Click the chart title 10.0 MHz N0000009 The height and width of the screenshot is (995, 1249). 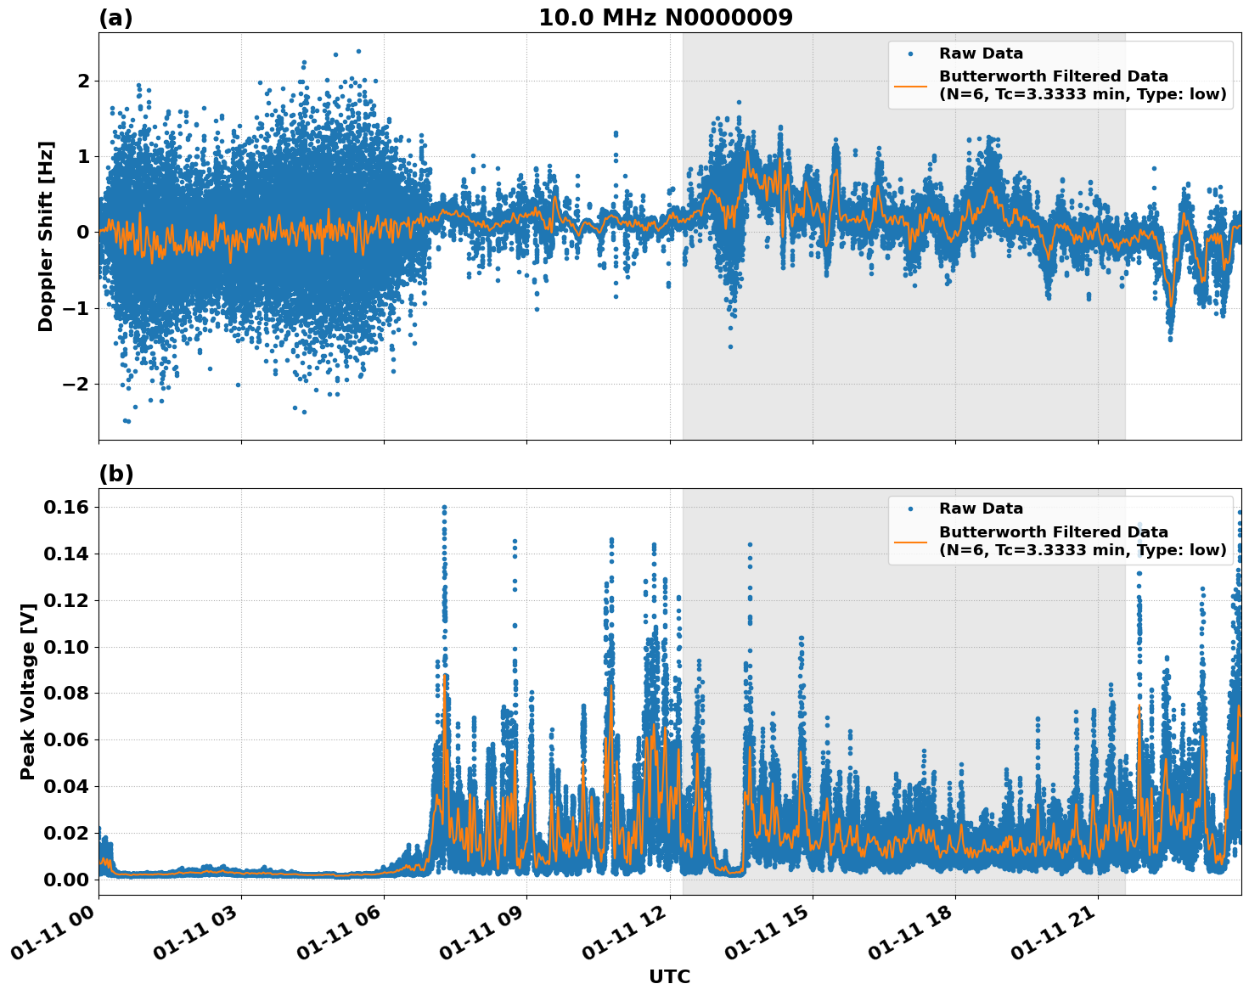point(665,18)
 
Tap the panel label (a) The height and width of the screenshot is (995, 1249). point(115,18)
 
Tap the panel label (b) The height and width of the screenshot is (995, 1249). point(115,474)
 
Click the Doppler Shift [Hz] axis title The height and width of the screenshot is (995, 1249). point(46,236)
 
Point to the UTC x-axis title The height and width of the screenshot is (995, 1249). point(669,976)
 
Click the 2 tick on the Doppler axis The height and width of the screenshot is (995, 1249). point(83,81)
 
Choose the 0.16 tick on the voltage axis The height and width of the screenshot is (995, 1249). point(65,508)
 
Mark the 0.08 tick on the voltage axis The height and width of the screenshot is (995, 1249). point(65,694)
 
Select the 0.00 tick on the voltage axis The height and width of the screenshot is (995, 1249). point(65,880)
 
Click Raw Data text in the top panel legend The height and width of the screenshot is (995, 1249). point(981,53)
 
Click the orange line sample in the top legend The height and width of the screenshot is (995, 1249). point(910,86)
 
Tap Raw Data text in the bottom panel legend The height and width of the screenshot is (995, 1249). point(981,509)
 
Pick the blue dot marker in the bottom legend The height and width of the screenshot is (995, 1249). point(910,509)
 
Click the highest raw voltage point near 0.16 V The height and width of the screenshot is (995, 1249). point(444,508)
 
